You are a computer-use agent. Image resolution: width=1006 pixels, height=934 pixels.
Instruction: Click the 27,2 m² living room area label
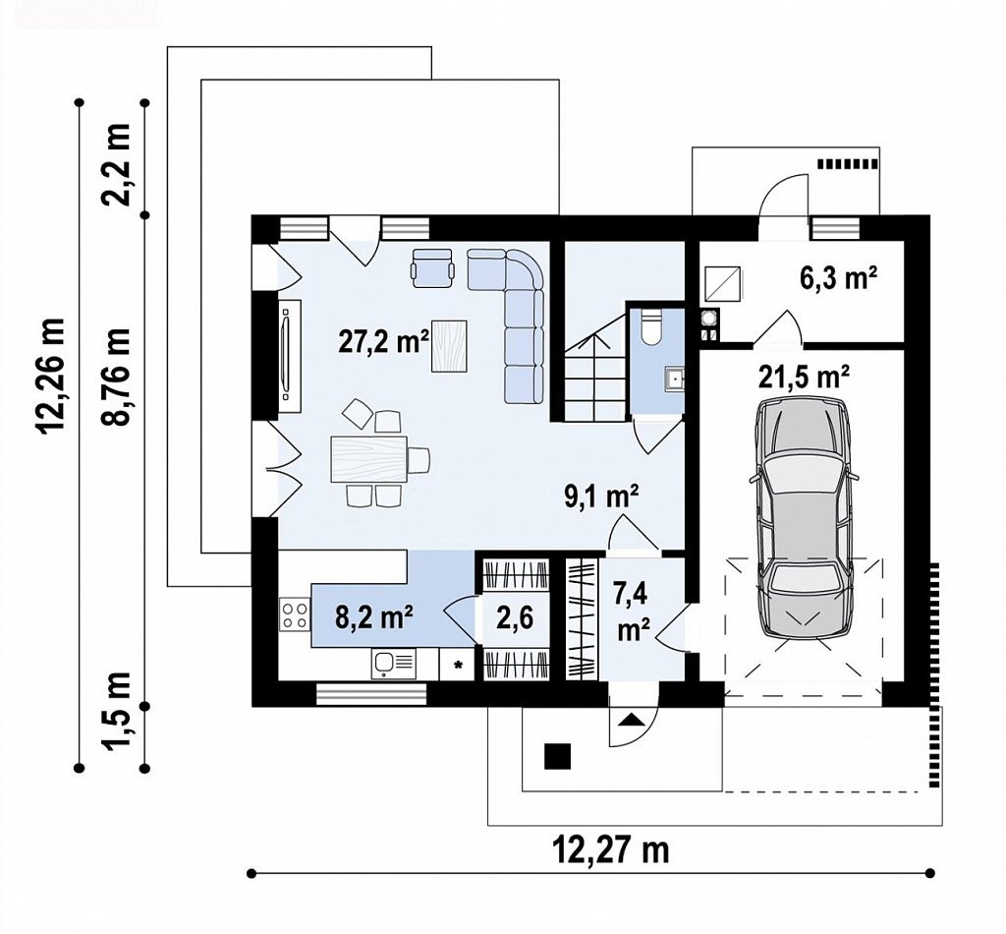(383, 341)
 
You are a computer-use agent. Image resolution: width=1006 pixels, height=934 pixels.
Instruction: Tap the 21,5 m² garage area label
(805, 378)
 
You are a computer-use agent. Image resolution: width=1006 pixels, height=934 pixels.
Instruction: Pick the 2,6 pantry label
(515, 620)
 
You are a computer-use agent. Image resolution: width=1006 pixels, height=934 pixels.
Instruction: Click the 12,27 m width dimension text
(610, 850)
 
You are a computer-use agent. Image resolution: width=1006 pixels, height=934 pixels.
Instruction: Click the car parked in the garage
(806, 522)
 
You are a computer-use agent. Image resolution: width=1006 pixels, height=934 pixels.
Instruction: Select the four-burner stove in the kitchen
(295, 613)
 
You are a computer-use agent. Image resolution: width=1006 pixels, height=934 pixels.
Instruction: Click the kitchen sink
(393, 663)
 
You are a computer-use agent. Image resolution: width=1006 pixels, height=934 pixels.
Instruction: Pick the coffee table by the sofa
(450, 345)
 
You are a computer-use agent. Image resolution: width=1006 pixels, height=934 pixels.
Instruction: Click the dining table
(369, 458)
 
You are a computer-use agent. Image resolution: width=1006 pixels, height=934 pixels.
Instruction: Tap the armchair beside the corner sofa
(433, 266)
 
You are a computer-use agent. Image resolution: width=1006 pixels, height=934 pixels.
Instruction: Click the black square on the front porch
(558, 755)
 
